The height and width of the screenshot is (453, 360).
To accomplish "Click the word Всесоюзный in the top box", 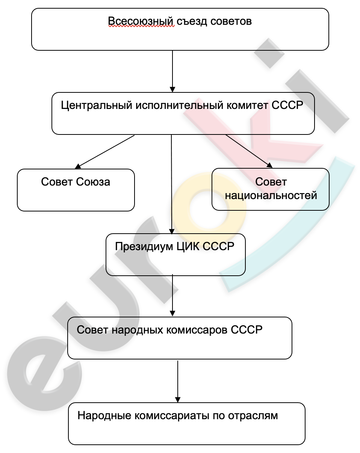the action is (x=141, y=21).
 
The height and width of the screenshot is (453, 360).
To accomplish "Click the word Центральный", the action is (x=97, y=105).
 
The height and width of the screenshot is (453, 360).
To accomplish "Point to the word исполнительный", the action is (x=179, y=105).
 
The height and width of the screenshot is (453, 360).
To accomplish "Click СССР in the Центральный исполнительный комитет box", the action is (x=287, y=105).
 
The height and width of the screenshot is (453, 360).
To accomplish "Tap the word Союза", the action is (x=93, y=182).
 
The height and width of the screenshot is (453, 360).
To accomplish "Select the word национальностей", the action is (x=271, y=196).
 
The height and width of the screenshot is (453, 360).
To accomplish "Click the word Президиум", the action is (x=144, y=246).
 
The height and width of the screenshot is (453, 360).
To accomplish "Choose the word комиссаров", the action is (x=197, y=330).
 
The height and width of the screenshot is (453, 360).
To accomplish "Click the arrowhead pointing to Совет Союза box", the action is (x=78, y=166).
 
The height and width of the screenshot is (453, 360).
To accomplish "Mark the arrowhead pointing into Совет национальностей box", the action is (x=269, y=165).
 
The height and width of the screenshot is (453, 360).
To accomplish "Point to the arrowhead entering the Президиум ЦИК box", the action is (x=172, y=231).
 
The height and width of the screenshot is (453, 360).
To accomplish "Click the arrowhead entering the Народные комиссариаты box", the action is (x=178, y=400).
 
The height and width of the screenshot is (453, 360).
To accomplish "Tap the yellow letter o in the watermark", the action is (x=208, y=210).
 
